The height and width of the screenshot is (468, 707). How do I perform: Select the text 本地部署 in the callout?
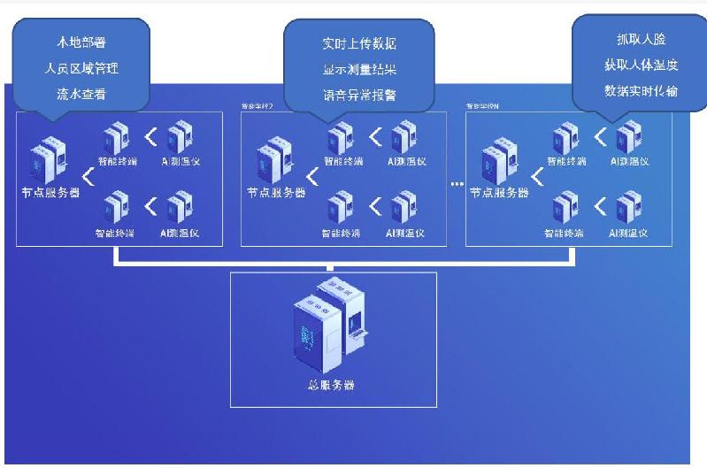pos(81,42)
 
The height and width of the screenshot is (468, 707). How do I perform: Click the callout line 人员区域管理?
pos(81,68)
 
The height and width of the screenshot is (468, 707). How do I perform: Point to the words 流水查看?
pos(81,94)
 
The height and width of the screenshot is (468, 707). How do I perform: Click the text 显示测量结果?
pos(359,68)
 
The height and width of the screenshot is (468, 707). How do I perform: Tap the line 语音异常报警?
pos(359,94)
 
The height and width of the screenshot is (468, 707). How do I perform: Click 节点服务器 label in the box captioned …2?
pos(276,193)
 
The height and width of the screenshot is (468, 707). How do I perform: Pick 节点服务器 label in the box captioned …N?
pos(499,193)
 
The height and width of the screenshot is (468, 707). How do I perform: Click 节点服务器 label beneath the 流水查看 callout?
pos(50,193)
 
